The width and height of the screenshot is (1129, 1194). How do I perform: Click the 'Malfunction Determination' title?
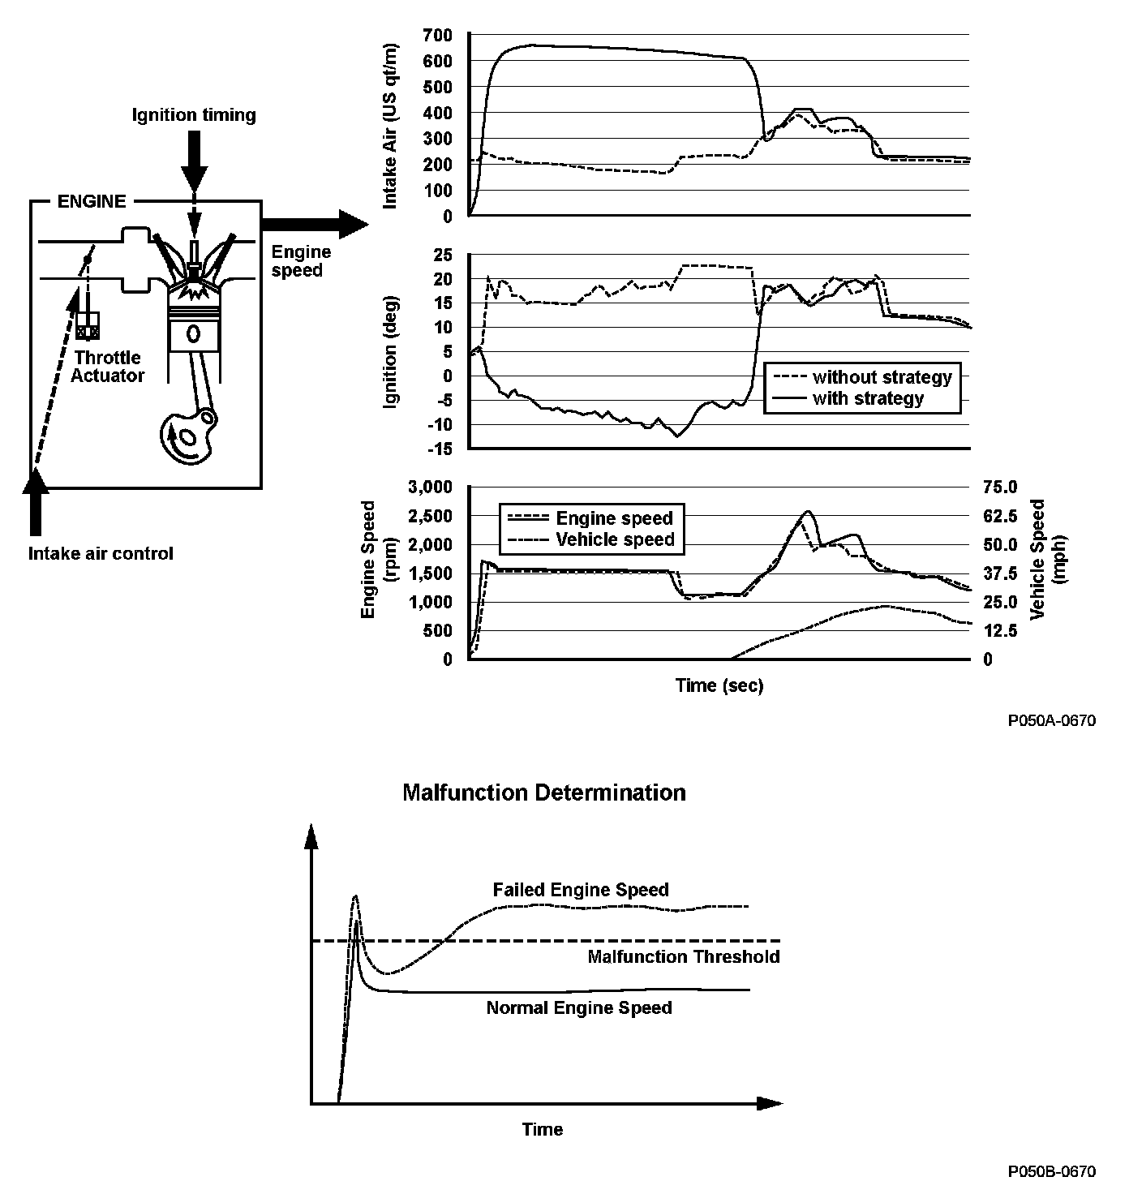point(543,792)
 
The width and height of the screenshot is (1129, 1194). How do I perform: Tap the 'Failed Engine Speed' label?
point(581,890)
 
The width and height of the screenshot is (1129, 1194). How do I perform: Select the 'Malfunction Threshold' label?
point(683,957)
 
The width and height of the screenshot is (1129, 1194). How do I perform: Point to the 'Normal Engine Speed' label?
point(579,1008)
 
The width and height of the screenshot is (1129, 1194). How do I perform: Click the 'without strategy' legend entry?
point(882,377)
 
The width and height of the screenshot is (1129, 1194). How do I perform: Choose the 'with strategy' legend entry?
point(868,398)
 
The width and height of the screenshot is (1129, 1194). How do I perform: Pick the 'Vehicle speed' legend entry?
point(615,539)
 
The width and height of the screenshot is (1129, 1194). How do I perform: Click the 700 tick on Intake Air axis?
point(439,35)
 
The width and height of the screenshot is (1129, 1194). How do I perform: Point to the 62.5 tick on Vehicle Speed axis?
point(999,516)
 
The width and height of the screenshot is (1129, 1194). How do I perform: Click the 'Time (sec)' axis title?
point(719,685)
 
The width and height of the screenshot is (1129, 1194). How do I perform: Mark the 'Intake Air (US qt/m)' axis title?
point(391,126)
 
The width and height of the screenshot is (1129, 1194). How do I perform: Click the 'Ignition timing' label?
point(194,115)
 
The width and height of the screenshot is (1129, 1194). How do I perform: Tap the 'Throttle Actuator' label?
point(107,367)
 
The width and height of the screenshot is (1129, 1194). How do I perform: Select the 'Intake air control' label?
point(101,554)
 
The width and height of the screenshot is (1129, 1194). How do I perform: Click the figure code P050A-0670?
point(1052,720)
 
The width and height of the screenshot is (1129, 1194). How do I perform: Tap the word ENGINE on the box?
point(92,201)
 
